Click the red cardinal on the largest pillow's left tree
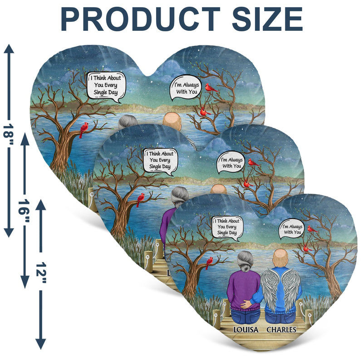pyautogui.click(x=83, y=129)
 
